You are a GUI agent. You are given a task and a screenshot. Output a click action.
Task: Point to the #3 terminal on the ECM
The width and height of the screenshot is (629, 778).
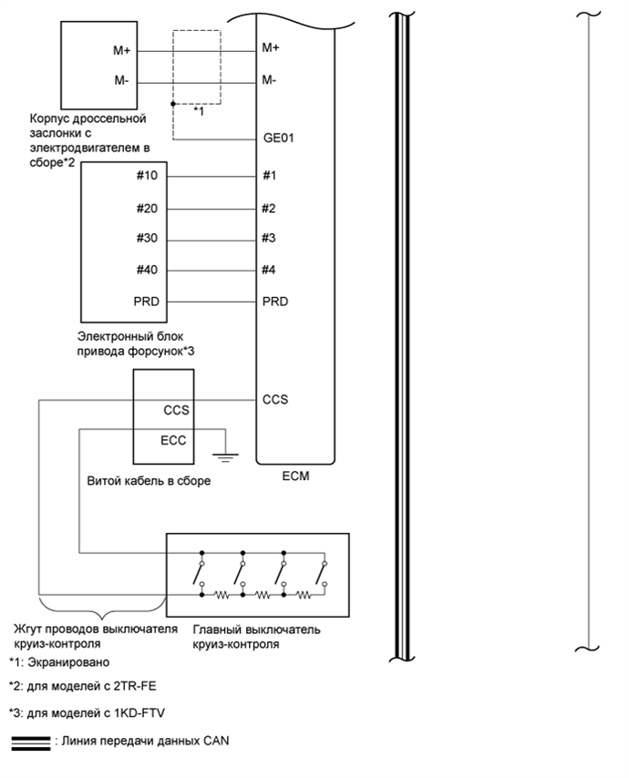click(x=269, y=239)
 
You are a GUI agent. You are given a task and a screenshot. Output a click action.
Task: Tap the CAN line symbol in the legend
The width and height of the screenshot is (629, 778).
click(x=30, y=742)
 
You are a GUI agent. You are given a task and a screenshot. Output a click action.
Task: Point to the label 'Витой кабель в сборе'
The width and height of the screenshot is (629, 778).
click(x=146, y=481)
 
